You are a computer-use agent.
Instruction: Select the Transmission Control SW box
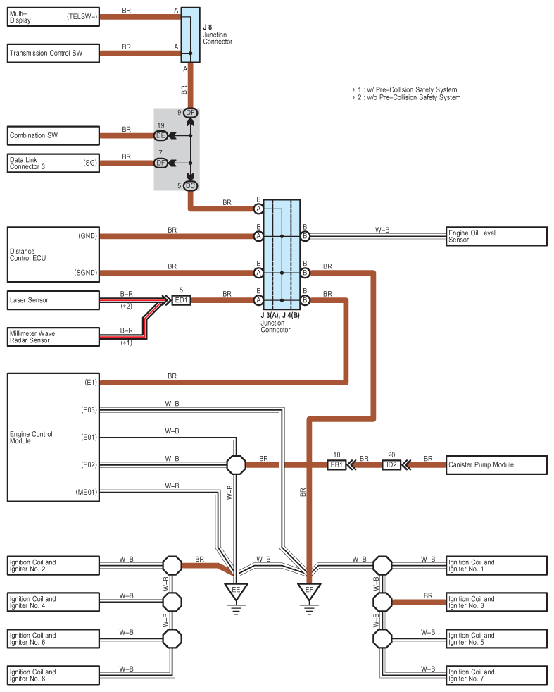[x=53, y=54]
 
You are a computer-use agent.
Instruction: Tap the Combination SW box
[x=53, y=135]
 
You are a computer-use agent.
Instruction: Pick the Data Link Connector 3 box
[x=53, y=163]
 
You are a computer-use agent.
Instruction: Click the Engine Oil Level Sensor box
[x=497, y=236]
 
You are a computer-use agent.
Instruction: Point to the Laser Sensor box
[x=53, y=300]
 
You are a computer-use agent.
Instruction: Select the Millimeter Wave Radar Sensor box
[x=53, y=336]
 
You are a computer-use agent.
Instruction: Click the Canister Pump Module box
[x=497, y=464]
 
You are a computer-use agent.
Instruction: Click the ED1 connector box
[x=181, y=300]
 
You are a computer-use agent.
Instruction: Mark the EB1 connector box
[x=337, y=465]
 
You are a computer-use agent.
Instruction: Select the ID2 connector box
[x=392, y=465]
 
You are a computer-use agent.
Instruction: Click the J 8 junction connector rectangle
[x=190, y=35]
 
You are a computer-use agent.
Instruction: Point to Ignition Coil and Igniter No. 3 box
[x=497, y=602]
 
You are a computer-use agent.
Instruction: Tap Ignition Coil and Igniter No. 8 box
[x=53, y=675]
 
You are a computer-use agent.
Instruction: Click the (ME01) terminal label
[x=89, y=492]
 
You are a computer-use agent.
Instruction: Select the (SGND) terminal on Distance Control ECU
[x=87, y=272]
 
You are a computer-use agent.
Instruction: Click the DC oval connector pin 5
[x=190, y=186]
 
